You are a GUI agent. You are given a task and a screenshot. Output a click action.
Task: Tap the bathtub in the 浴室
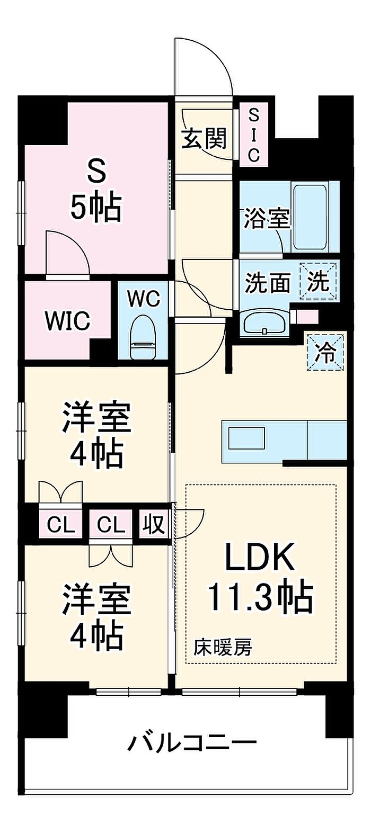coord(310,218)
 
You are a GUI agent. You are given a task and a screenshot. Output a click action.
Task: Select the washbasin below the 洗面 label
coord(265,324)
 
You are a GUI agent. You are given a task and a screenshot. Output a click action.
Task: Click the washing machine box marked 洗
coord(319,282)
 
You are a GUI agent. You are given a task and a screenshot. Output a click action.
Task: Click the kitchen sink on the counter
coord(246,438)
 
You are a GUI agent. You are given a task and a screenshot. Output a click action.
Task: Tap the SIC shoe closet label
coord(254,135)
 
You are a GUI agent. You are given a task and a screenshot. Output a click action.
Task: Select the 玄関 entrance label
coord(204,139)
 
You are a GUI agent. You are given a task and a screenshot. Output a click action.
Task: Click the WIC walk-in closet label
coord(67,320)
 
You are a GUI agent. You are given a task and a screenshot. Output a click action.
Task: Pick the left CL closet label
coord(61,525)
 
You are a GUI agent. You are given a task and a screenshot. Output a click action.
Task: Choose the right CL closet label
coord(111,525)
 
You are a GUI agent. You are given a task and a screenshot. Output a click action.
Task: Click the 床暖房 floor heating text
coord(223,648)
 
